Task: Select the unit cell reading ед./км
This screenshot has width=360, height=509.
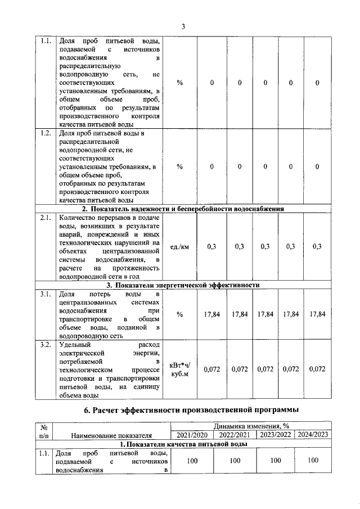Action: pos(180,246)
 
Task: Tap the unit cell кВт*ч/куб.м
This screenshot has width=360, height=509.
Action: pos(180,369)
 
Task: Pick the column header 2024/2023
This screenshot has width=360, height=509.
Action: pos(313,434)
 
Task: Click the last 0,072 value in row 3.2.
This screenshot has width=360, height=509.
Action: pos(317,369)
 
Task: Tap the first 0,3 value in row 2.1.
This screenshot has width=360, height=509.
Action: pos(211,246)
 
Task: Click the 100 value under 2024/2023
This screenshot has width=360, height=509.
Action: pos(313,461)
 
